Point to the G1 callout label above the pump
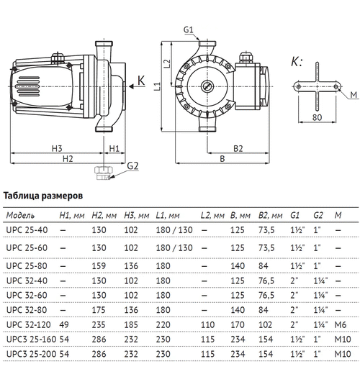[x=189, y=29]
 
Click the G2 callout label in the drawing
[x=132, y=165]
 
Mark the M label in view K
[x=354, y=94]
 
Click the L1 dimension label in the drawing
[x=158, y=87]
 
